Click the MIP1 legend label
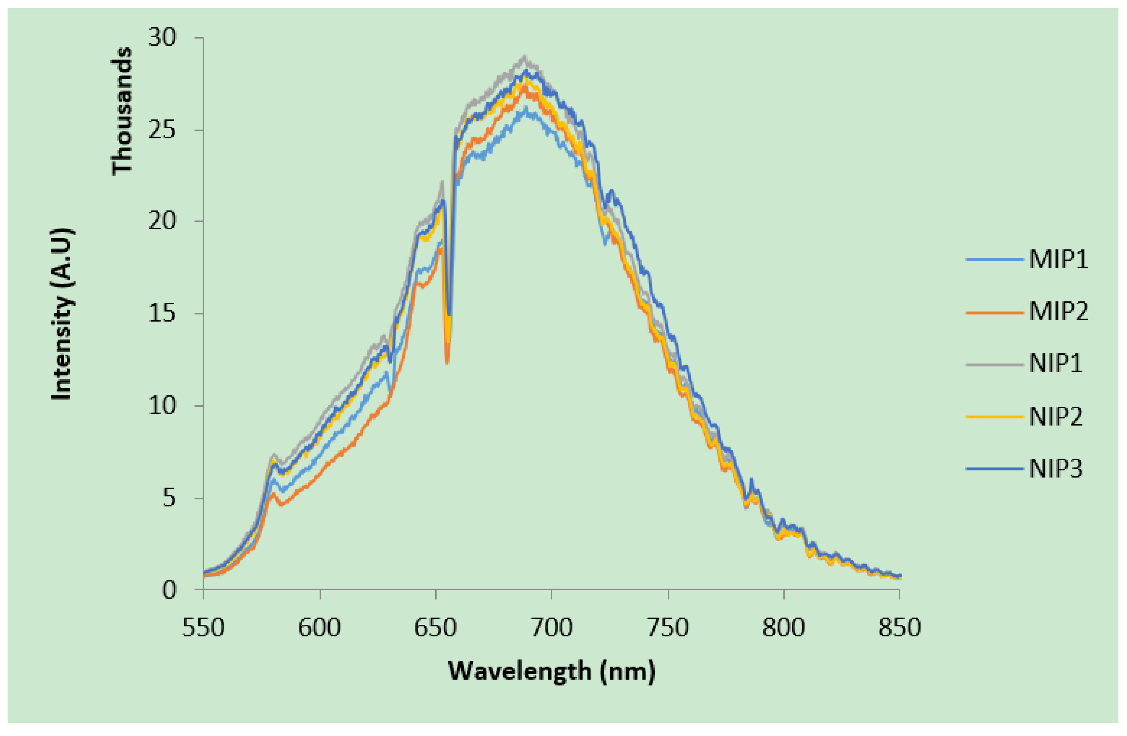[1058, 260]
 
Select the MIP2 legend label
[1058, 312]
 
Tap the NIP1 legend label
[1056, 364]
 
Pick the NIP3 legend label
[1056, 469]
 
